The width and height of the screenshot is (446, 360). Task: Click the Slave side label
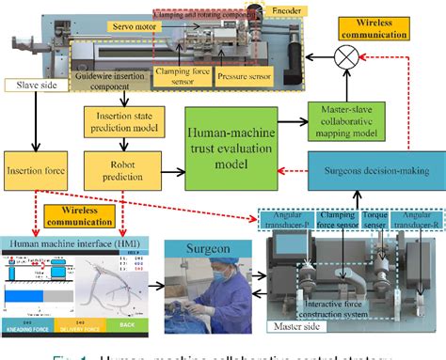[x=32, y=85]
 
